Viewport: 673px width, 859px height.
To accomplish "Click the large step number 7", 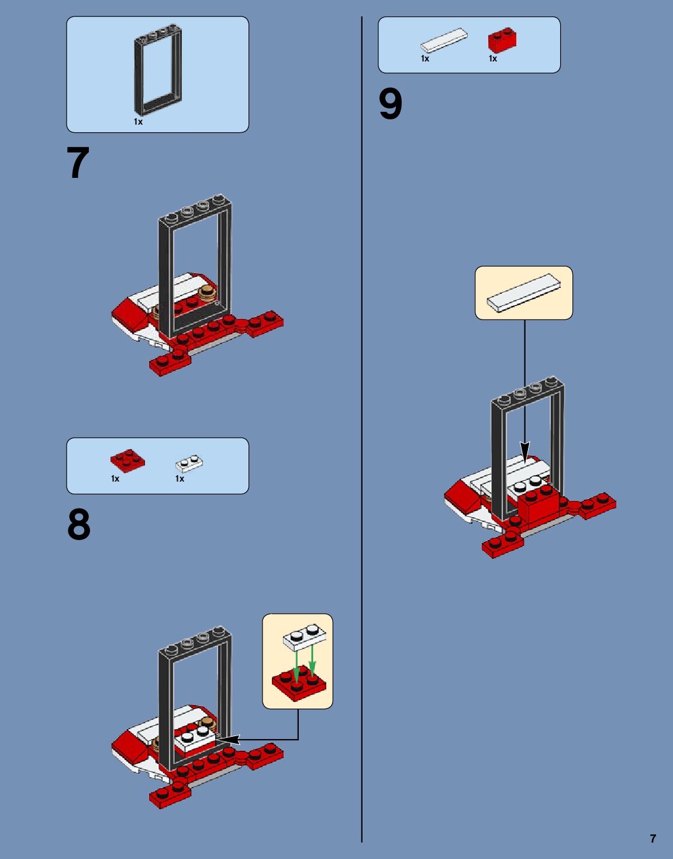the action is (x=78, y=163).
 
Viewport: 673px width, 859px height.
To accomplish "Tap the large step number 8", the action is (x=79, y=525).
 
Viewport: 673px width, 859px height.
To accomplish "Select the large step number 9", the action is (x=391, y=104).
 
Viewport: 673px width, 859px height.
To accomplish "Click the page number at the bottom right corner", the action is (x=653, y=839).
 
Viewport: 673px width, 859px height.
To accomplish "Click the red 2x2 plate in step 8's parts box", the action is (x=128, y=461).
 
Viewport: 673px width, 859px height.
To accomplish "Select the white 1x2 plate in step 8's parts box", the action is (x=189, y=464).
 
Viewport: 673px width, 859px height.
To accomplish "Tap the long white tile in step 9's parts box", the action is (x=444, y=40).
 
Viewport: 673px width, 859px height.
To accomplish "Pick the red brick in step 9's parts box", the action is (x=502, y=40).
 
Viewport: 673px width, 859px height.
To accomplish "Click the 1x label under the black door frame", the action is (x=138, y=122).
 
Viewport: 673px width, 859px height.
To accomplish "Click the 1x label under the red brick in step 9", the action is (x=493, y=59).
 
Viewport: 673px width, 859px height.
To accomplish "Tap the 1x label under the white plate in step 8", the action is (x=180, y=479).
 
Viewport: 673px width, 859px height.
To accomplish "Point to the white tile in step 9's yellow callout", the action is (x=524, y=293).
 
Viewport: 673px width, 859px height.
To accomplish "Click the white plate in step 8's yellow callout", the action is (x=304, y=636).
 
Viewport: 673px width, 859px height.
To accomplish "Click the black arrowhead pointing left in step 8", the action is (x=228, y=740).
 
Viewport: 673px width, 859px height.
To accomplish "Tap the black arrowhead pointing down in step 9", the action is (x=524, y=452).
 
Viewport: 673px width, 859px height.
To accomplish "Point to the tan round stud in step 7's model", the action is (x=208, y=293).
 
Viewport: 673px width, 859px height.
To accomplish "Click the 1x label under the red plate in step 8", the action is (x=115, y=479).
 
